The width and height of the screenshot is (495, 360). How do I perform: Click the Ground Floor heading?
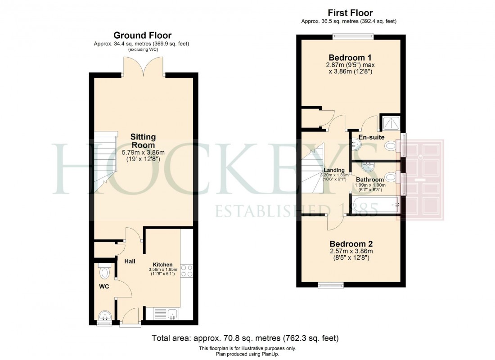pos(142,35)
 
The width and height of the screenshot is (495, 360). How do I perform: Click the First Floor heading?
pos(350,13)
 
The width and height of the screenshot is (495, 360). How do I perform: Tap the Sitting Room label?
pos(143,141)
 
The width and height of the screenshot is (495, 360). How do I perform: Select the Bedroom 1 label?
pos(350,58)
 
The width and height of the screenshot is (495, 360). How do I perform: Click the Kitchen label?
pos(162,264)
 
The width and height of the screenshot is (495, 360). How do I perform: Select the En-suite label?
pos(372,137)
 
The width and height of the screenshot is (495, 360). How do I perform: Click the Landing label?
pos(334,170)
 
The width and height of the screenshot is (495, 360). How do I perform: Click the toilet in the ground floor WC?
pos(105,272)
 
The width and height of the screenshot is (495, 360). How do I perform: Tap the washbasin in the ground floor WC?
pos(104,315)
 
